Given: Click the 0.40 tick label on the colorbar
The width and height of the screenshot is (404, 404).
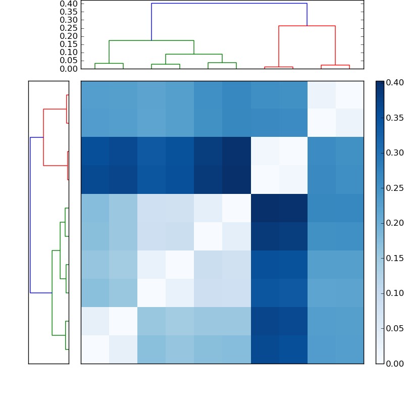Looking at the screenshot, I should point(395,82).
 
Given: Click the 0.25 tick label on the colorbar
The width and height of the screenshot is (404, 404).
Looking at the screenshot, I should point(395,188).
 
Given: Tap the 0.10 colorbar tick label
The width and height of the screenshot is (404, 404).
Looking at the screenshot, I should point(395,293).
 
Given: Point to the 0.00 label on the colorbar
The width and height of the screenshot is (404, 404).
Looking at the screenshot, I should point(395,363).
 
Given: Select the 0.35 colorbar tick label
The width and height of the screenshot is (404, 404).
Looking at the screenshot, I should point(395,118).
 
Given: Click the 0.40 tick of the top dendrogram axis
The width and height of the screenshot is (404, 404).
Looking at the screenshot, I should point(69,4).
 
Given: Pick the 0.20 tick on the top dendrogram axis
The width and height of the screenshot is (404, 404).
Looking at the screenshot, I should point(69,36).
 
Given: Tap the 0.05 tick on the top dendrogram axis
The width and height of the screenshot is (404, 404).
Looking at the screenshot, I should point(69,60).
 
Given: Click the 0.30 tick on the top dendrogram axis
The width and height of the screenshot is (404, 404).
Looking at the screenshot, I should point(69,20).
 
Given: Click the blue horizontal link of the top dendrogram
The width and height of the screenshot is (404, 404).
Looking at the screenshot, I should point(229,4).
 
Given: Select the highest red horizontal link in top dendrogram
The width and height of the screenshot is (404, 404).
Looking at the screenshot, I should point(307,26).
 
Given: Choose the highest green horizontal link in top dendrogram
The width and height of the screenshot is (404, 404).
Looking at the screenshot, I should point(151,40).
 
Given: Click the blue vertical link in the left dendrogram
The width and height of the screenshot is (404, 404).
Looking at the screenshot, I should point(30,215).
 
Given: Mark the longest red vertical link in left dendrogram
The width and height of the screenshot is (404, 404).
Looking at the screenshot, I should point(43,137).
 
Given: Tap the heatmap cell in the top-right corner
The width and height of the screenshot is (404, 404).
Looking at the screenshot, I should point(349,94).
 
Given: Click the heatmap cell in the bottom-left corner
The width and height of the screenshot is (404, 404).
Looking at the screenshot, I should point(95,349).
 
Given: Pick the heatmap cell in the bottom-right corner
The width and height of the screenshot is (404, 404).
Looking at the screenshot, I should point(349,349).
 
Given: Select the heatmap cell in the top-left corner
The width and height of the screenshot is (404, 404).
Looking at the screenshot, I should point(95,94).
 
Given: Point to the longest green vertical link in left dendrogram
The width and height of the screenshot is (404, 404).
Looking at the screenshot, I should point(52,292).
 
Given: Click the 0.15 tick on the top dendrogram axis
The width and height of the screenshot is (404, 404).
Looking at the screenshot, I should point(69,44).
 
